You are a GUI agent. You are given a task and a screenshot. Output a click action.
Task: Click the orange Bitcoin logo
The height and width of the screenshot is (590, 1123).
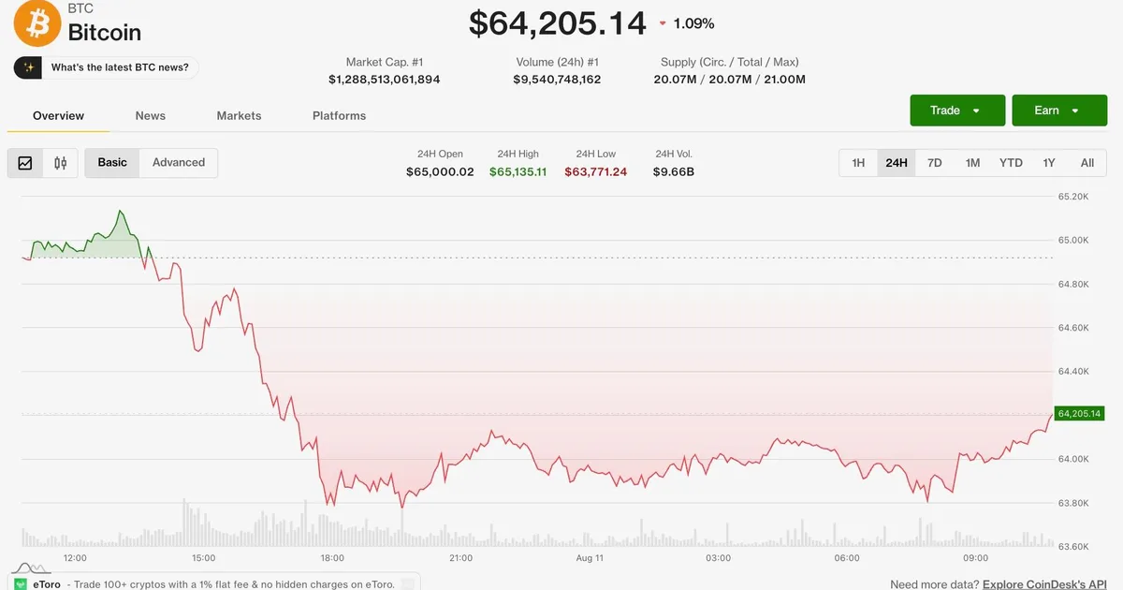[x=37, y=22]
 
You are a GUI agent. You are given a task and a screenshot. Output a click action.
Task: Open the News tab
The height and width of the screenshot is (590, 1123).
[x=151, y=116]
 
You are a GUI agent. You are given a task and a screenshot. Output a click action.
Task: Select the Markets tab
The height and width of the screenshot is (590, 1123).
[x=239, y=116]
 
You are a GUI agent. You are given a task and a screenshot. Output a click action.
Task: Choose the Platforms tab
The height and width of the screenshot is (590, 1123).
[x=339, y=116]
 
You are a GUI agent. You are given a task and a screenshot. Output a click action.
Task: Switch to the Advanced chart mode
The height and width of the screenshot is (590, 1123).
[x=179, y=163]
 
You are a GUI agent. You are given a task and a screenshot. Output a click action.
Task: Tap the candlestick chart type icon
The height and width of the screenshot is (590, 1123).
[x=60, y=163]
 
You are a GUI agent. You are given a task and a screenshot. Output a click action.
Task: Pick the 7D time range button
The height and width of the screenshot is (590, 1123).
[x=935, y=163]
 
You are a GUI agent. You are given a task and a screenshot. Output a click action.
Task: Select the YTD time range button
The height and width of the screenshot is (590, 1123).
[x=1011, y=163]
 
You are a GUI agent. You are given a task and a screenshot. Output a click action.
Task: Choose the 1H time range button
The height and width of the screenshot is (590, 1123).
[x=858, y=163]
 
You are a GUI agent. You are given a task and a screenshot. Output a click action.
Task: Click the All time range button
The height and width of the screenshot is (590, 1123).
[x=1087, y=163]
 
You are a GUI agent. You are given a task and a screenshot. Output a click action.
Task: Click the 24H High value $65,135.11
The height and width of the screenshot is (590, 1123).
[x=518, y=171]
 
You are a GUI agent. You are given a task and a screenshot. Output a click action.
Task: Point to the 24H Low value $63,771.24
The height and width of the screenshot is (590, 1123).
[x=595, y=171]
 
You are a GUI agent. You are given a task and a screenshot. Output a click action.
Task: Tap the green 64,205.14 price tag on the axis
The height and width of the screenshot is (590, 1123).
[x=1079, y=413]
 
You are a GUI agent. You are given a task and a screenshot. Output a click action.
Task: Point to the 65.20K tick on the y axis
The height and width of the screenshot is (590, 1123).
[x=1073, y=196]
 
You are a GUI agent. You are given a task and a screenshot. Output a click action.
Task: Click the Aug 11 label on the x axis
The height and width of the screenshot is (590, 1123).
[x=590, y=558]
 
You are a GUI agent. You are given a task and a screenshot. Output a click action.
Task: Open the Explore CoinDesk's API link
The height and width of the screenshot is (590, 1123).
[x=1044, y=584]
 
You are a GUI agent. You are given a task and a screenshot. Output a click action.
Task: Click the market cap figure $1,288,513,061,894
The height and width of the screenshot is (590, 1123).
[x=384, y=80]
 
